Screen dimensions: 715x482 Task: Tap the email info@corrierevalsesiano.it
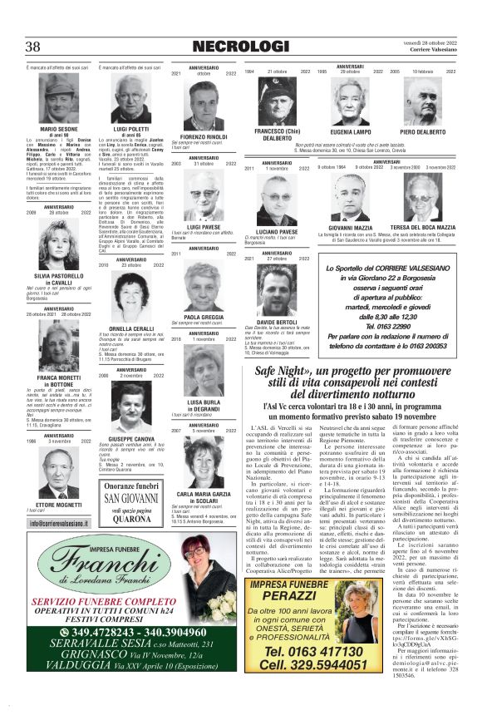59,523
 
